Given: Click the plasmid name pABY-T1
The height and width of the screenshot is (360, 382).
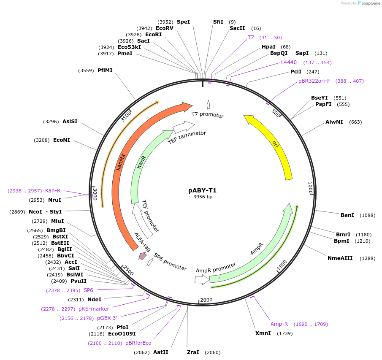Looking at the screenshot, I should [202, 190].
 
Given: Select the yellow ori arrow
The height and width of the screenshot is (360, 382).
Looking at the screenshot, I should [278, 143].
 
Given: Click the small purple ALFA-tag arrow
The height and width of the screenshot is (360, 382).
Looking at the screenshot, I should [143, 256].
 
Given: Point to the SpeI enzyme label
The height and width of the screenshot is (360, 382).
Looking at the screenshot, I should [183, 22].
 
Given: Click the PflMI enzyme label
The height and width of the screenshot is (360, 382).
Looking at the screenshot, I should [105, 70].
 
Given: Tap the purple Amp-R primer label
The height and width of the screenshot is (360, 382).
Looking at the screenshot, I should [279, 324].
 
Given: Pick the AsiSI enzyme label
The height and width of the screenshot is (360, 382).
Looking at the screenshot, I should [70, 122].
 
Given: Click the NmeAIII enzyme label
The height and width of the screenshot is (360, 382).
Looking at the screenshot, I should [340, 258].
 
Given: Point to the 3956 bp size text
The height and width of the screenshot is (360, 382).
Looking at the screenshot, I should [202, 197].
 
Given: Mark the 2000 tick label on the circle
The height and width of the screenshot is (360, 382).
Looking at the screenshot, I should [206, 300].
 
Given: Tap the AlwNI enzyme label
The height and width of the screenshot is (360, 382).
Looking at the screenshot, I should [334, 122].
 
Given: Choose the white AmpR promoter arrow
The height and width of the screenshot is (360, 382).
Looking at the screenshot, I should [202, 279].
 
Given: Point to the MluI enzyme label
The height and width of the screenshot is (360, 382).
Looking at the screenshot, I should [57, 221].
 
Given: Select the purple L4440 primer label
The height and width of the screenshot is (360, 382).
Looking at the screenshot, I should [289, 62].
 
